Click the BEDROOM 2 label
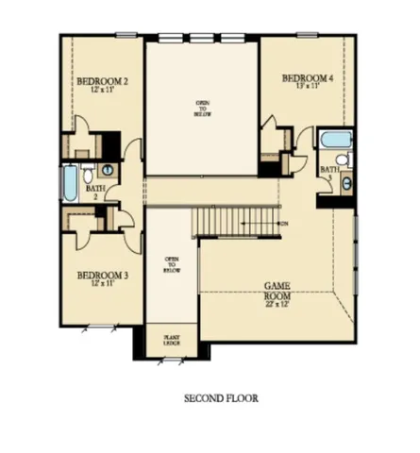[x=101, y=82]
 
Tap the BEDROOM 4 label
[x=307, y=77]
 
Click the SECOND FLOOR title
[x=221, y=398]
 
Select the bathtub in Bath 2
[x=69, y=183]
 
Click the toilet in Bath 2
[x=87, y=175]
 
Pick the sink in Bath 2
[x=107, y=170]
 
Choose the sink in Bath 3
[x=345, y=182]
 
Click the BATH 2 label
[x=94, y=193]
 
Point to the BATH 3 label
[x=328, y=173]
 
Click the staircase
[x=236, y=222]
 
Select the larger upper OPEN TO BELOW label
[x=202, y=106]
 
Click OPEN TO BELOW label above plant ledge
[x=172, y=264]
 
